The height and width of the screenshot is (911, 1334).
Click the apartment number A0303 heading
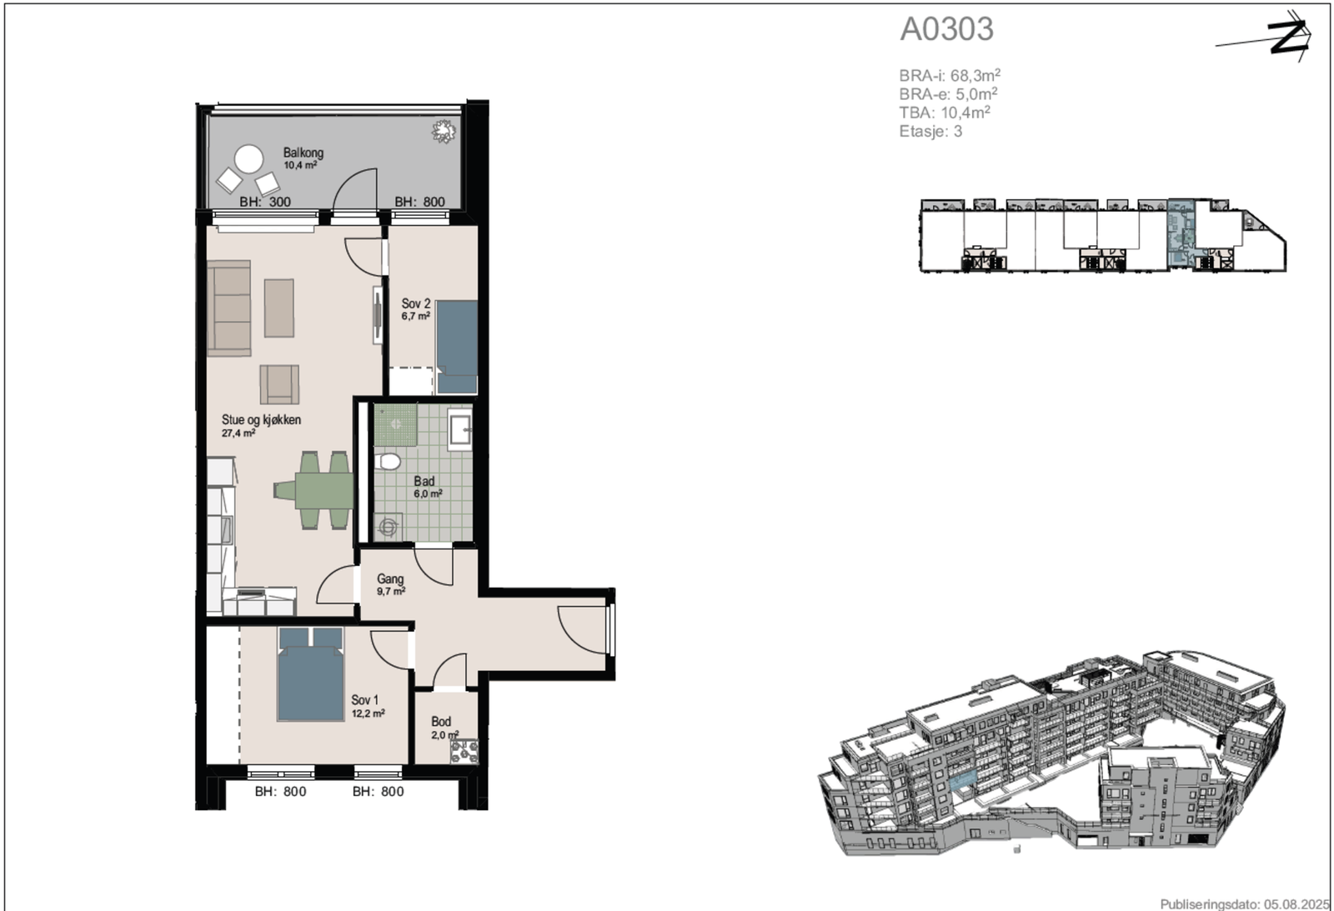[946, 29]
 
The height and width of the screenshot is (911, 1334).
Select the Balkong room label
[303, 153]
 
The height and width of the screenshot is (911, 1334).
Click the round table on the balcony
[249, 159]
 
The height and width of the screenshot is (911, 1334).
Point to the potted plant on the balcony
[444, 132]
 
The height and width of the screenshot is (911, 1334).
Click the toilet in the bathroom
[388, 462]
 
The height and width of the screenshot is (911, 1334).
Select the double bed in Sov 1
[310, 674]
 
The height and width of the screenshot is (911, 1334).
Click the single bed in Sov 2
[457, 347]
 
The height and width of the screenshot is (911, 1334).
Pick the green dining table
[313, 490]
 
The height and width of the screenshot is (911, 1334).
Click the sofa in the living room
[228, 308]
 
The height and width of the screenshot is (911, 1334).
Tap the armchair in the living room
[279, 384]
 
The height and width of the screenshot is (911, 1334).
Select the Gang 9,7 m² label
[391, 584]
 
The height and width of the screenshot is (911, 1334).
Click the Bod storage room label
[441, 722]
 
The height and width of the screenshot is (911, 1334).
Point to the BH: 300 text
[265, 202]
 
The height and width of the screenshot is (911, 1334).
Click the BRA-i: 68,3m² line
[950, 76]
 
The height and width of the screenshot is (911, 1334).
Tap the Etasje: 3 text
[930, 131]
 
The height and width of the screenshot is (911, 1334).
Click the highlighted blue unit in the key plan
[1181, 234]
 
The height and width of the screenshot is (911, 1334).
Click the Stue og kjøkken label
[262, 420]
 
